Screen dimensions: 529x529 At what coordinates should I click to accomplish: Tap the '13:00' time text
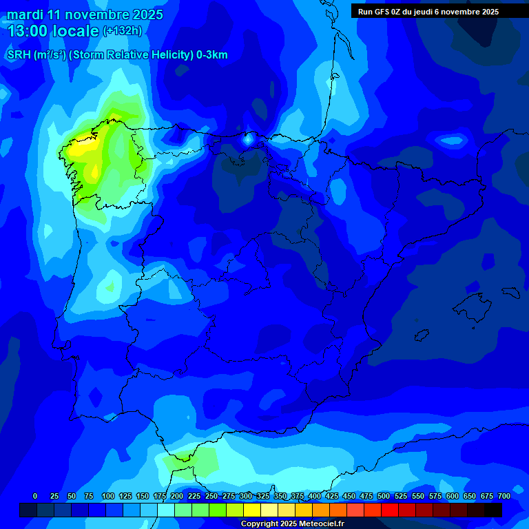tap(29, 31)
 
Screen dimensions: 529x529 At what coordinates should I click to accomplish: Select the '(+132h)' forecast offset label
tap(122, 31)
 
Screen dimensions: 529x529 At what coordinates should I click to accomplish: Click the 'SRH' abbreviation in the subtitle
tap(19, 55)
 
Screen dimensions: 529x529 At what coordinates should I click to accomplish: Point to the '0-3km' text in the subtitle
tap(212, 55)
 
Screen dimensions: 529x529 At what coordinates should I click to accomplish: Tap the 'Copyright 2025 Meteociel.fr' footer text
tap(292, 524)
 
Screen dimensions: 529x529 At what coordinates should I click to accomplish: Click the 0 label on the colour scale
tap(35, 496)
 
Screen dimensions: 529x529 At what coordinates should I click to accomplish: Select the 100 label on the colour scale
tap(107, 496)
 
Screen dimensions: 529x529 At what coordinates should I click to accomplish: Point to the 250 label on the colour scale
tap(211, 496)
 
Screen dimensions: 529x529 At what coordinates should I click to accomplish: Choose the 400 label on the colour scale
tap(315, 496)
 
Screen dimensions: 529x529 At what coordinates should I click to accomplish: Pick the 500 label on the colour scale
tap(384, 496)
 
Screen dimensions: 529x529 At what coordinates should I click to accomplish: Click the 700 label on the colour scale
tap(504, 496)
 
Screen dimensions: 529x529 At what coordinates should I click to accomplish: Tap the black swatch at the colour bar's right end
tap(493, 510)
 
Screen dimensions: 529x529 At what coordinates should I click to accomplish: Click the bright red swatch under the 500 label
tap(390, 510)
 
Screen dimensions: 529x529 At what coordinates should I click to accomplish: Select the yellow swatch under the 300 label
tap(252, 510)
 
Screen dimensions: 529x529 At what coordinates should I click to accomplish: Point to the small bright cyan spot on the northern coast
tap(248, 139)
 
